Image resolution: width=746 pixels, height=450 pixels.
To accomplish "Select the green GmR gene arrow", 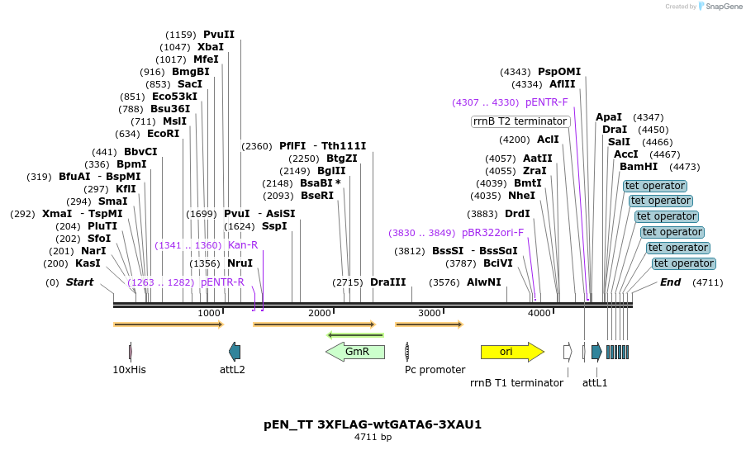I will click(355, 352).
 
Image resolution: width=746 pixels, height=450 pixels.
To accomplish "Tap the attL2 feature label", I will click(232, 370).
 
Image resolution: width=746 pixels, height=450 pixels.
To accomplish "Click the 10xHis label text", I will click(129, 370).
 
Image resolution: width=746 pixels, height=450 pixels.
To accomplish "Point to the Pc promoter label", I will click(435, 370).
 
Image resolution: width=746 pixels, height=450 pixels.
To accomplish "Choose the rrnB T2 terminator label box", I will click(520, 121).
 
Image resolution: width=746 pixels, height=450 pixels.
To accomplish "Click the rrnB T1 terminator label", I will click(516, 382).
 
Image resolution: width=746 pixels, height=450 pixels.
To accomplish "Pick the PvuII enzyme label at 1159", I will click(219, 35).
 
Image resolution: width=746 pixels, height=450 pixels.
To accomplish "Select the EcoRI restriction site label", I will click(163, 134).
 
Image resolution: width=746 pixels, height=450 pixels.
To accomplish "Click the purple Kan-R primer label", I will click(243, 245).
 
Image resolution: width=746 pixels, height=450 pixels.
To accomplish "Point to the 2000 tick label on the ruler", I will click(319, 313).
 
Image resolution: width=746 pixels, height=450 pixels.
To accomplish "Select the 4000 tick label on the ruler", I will click(539, 313).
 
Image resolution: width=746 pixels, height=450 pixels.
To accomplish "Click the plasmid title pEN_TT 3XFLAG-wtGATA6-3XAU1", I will click(373, 424).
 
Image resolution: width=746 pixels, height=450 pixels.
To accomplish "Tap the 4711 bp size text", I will click(373, 437).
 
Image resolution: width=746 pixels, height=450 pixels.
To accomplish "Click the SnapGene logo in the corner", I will click(718, 7).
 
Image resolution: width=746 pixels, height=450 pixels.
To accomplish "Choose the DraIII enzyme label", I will click(388, 282).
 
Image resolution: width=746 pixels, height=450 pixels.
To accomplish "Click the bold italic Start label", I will click(80, 282).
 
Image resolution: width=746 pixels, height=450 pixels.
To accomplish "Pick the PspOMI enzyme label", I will click(559, 72).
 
